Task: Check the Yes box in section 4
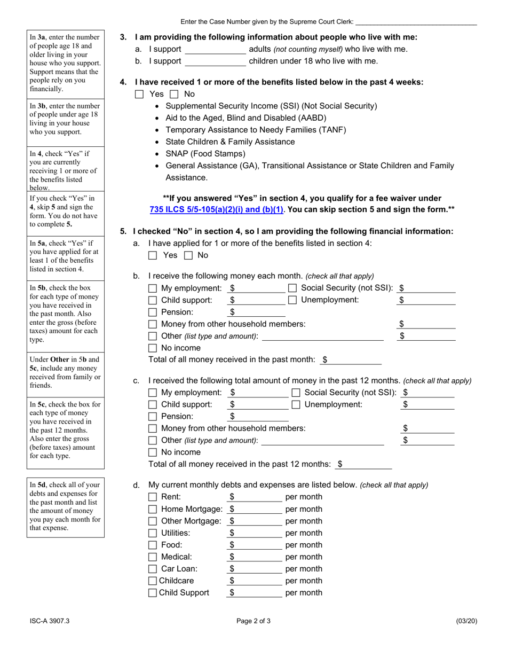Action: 140,94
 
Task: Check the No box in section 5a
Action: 188,255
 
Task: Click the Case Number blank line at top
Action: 416,22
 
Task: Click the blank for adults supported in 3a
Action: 215,50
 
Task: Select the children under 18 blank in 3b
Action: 215,61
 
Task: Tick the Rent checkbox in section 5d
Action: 153,497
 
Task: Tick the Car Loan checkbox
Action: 153,569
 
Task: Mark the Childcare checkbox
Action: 153,581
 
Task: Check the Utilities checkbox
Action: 153,533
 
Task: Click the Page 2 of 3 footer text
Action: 253,621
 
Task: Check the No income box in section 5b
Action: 153,348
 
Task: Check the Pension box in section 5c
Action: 153,417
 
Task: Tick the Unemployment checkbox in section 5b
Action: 292,300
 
